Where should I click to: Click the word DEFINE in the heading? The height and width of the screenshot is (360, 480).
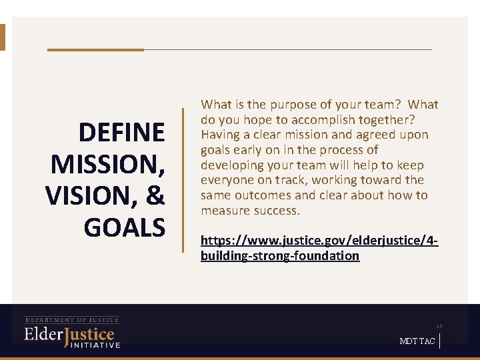(x=121, y=133)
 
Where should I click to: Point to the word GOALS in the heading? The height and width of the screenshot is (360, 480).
(x=124, y=227)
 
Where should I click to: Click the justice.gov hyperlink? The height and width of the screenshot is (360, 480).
(x=319, y=247)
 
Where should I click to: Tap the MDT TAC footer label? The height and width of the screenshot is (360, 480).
(x=417, y=341)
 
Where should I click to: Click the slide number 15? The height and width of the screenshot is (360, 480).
(x=439, y=326)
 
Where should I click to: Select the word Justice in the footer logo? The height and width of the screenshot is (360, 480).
(x=89, y=335)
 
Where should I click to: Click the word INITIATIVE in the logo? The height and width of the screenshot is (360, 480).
(x=95, y=345)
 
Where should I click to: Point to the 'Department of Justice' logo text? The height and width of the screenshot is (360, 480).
(x=72, y=320)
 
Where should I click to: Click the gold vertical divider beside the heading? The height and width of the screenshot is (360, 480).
(x=183, y=180)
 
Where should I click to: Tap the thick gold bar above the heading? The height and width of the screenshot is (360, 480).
(x=95, y=49)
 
